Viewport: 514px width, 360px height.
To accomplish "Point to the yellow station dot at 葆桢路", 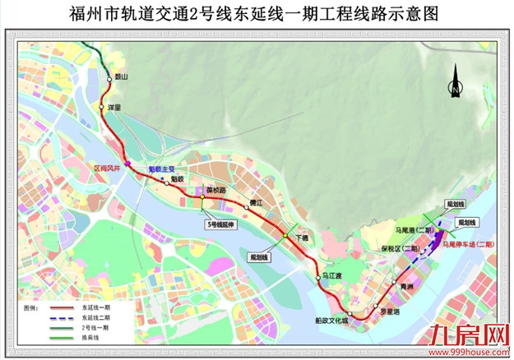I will (x=201, y=196).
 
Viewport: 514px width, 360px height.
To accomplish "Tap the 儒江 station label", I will (x=254, y=201).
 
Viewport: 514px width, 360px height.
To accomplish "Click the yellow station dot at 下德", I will (x=285, y=236).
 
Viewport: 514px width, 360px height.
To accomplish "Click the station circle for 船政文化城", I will (x=351, y=316).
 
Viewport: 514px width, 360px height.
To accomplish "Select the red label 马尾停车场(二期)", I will (x=467, y=244).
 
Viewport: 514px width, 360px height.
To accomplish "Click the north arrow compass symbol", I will (x=455, y=85).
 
